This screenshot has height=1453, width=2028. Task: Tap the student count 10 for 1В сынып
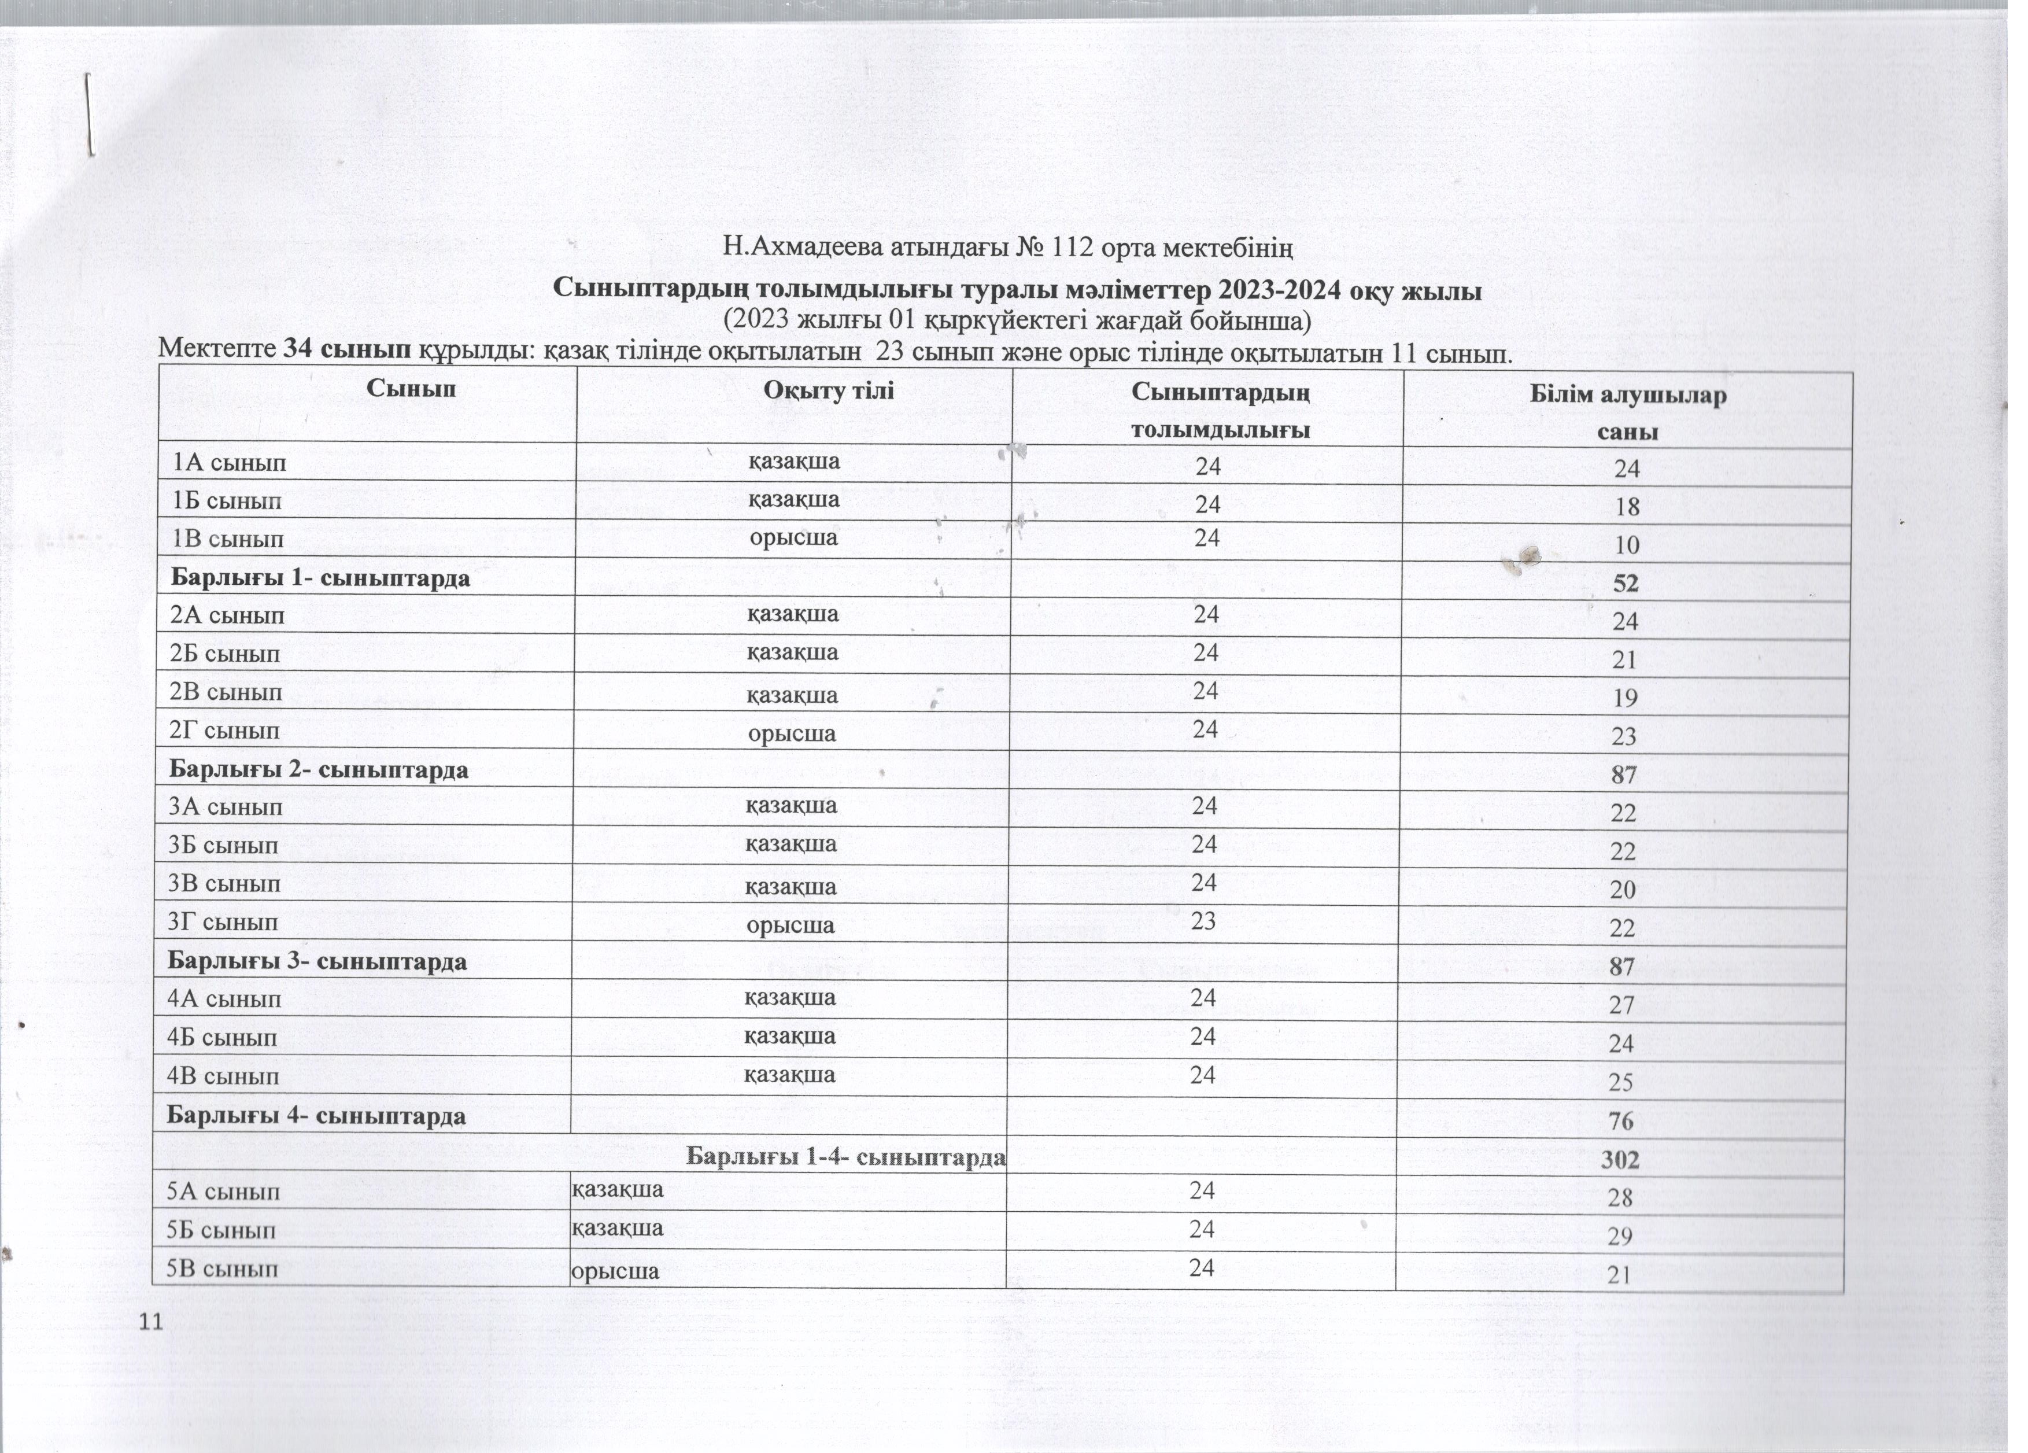pyautogui.click(x=1627, y=544)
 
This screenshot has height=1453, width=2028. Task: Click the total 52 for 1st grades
pyautogui.click(x=1626, y=583)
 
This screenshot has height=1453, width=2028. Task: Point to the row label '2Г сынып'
pyautogui.click(x=242, y=731)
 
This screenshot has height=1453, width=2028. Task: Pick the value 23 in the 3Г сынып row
pyautogui.click(x=1203, y=920)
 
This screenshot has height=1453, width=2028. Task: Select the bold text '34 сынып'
pyautogui.click(x=347, y=349)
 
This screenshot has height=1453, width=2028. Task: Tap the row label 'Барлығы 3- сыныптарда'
pyautogui.click(x=317, y=961)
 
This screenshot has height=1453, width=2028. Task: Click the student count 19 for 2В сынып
pyautogui.click(x=1625, y=698)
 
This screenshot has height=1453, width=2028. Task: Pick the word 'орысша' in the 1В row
pyautogui.click(x=793, y=537)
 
